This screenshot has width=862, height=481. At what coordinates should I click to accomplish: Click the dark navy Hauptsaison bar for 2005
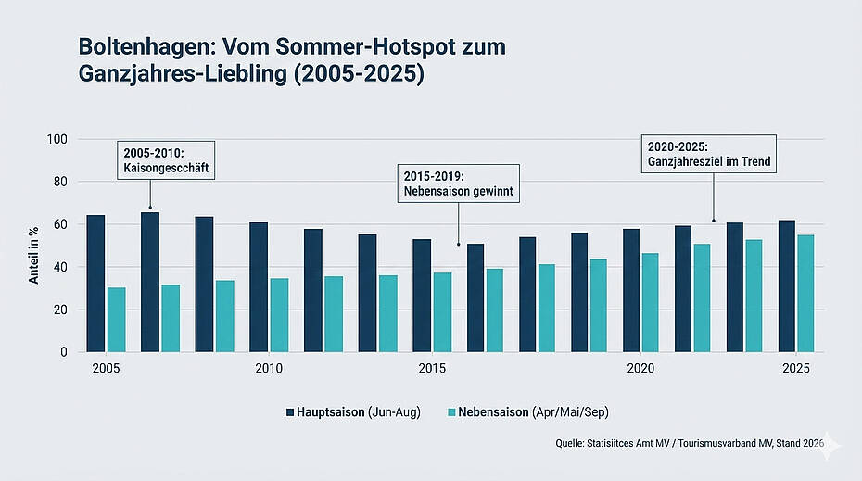pos(95,284)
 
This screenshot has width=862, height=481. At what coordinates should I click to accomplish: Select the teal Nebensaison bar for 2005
pos(116,320)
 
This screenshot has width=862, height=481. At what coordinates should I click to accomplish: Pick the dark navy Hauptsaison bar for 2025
pos(787,286)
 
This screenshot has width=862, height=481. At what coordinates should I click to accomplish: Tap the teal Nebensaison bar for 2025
pos(805,294)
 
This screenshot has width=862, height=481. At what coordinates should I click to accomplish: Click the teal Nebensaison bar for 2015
pos(442,312)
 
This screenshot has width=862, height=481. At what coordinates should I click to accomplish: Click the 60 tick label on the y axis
pos(61,224)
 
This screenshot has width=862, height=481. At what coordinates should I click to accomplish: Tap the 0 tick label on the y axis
pos(65,352)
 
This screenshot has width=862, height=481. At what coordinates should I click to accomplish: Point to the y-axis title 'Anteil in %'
pos(34,246)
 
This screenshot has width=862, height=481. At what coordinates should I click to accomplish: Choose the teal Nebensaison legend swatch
pos(450,411)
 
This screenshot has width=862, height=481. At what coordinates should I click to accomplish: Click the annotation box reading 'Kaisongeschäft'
pos(166,160)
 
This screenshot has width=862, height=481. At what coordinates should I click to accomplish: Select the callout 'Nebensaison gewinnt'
pos(458,184)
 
